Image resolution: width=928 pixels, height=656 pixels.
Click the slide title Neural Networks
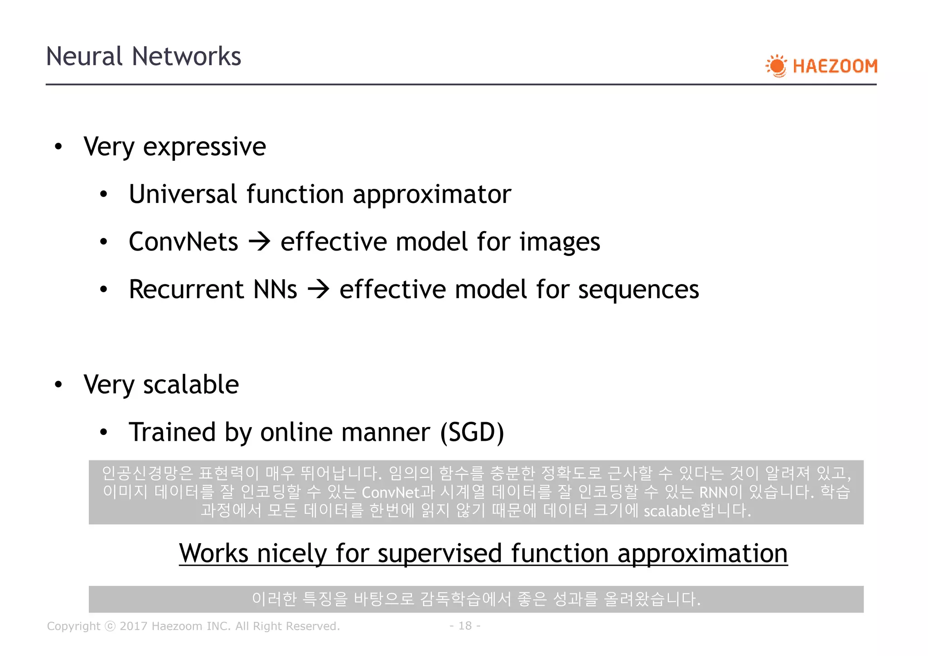143,57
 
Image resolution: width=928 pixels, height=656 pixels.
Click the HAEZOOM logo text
835,66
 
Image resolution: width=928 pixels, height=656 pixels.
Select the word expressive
204,147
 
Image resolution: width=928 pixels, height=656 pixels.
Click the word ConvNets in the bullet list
183,242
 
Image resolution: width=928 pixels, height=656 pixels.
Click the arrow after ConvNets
260,242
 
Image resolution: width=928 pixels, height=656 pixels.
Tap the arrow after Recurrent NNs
319,289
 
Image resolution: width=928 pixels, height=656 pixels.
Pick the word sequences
638,289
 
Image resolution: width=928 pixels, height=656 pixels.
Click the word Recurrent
186,289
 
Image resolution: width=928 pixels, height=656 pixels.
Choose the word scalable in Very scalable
191,385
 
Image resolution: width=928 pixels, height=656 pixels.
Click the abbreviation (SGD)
472,432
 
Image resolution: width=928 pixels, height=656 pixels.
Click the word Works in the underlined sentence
213,554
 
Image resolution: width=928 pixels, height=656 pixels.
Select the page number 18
465,626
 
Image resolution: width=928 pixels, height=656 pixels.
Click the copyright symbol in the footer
110,626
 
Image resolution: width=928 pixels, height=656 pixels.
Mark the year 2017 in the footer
134,626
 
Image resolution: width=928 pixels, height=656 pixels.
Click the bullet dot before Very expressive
58,147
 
